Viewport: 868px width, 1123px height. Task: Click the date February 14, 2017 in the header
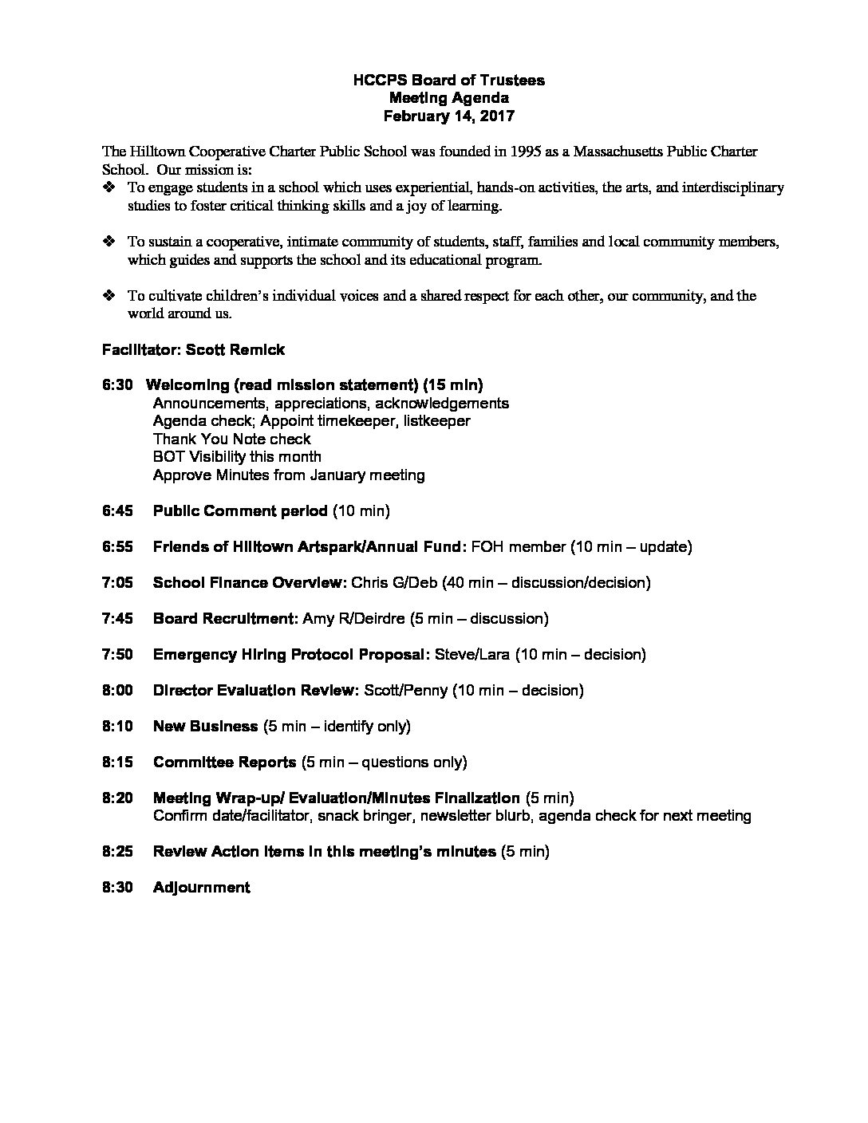(449, 116)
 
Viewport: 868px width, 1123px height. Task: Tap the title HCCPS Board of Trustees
(449, 80)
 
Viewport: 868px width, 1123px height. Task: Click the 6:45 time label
(117, 510)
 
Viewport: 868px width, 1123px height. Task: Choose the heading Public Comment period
(240, 510)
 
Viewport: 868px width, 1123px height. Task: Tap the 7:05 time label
(117, 582)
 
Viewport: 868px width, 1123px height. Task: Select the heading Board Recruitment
(226, 618)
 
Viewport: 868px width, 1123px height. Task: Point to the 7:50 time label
(117, 654)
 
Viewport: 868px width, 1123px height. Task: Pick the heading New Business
(205, 726)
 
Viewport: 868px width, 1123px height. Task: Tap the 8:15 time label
(117, 762)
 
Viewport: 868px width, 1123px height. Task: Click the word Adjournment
(201, 887)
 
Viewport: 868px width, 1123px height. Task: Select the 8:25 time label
(117, 851)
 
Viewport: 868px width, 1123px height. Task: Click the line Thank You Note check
(231, 439)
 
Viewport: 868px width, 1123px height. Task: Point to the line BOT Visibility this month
(237, 457)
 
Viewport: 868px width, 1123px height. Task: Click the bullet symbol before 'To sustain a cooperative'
(109, 242)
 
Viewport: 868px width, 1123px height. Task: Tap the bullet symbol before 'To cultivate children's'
(109, 296)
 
